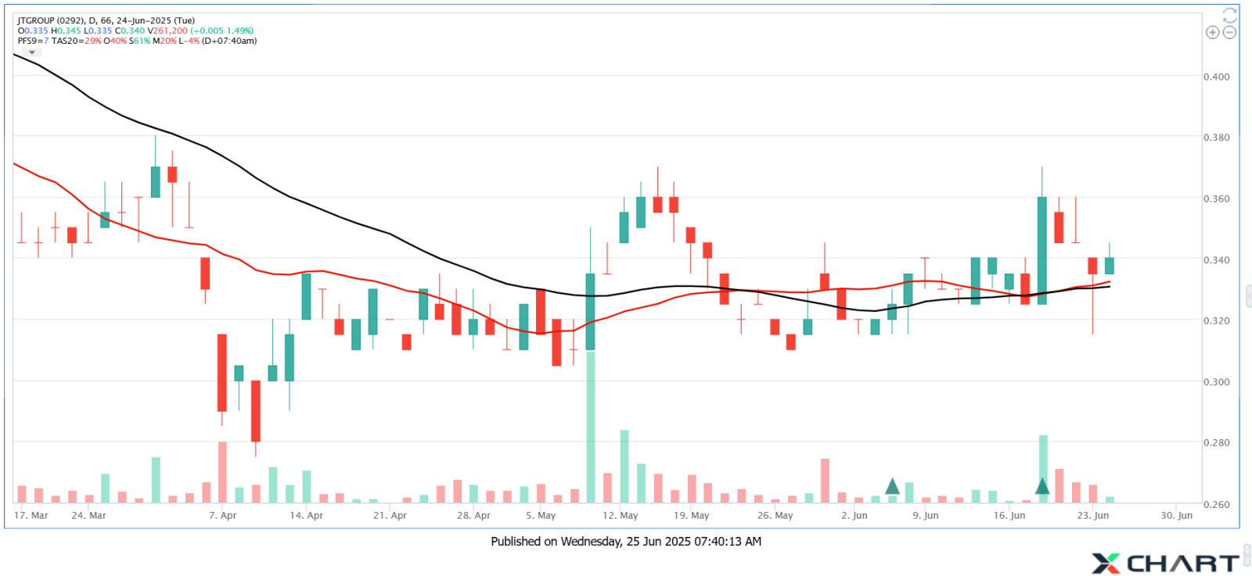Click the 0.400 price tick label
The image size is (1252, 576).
pos(1216,77)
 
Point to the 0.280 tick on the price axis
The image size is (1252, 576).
pos(1216,442)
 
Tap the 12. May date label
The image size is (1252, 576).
pos(621,515)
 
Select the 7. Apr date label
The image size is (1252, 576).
pos(223,515)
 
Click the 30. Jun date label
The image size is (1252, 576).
pos(1176,515)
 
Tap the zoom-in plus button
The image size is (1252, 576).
pos(1212,32)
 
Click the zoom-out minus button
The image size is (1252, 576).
pos(1229,32)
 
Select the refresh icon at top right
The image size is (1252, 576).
pos(1230,15)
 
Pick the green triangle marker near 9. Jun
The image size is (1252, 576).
pos(892,486)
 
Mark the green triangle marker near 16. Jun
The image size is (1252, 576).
pos(1042,486)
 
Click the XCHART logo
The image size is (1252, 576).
pos(1165,563)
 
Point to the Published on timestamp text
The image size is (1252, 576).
pos(626,541)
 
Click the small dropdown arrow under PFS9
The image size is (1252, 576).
pos(32,52)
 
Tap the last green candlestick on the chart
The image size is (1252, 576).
pos(1109,266)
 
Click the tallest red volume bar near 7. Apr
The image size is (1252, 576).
pos(222,472)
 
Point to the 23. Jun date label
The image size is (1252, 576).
pos(1093,515)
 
